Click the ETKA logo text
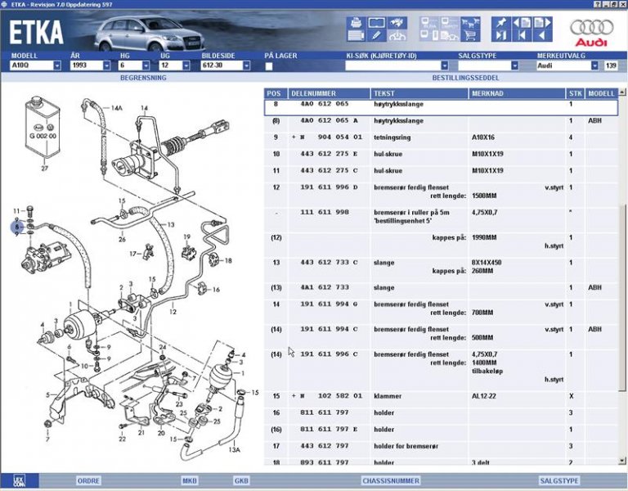36,30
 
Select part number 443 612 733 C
325,263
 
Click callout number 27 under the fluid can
44,169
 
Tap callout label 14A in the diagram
116,108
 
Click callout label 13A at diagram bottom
234,450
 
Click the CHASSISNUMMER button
390,480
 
